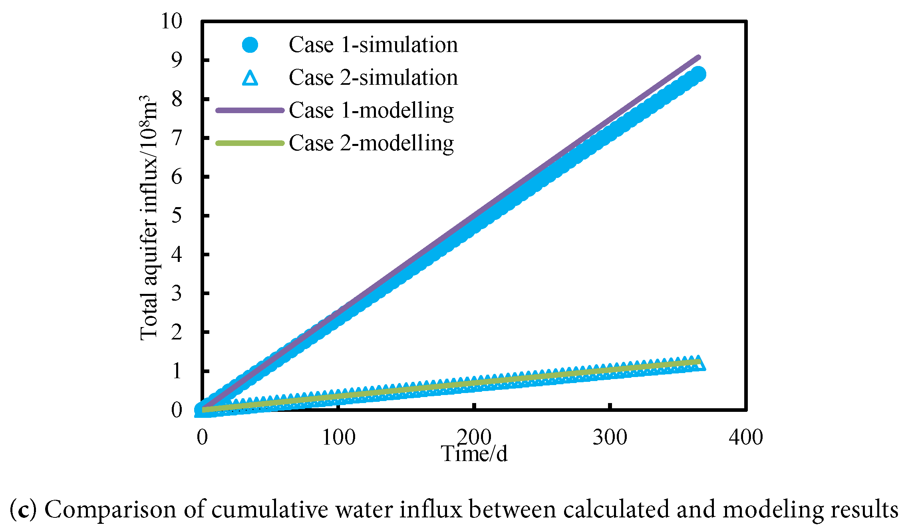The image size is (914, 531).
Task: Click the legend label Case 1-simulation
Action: (x=373, y=45)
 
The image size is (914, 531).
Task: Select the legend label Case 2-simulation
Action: (x=373, y=78)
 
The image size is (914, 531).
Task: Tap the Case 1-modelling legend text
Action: (x=371, y=110)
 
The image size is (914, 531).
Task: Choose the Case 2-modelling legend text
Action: (x=371, y=143)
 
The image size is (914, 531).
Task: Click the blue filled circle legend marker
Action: (x=250, y=45)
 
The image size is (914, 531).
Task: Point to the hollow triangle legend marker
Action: (x=250, y=78)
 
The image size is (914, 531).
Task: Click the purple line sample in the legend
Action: (x=250, y=110)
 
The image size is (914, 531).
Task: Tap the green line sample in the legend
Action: (x=250, y=143)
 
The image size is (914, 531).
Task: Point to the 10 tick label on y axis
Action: (x=171, y=21)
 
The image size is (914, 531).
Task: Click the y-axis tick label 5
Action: (x=177, y=215)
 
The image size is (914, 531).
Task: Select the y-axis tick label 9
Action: (x=177, y=60)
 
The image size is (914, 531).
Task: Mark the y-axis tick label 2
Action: (x=177, y=332)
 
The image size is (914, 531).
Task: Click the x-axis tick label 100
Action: (x=338, y=437)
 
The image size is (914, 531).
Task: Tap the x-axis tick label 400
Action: (x=745, y=437)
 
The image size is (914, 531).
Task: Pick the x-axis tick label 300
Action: (x=610, y=437)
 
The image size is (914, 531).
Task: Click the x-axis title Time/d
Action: (x=474, y=454)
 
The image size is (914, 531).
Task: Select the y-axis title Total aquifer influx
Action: (x=149, y=218)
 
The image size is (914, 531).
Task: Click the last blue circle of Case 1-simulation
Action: (x=698, y=74)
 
